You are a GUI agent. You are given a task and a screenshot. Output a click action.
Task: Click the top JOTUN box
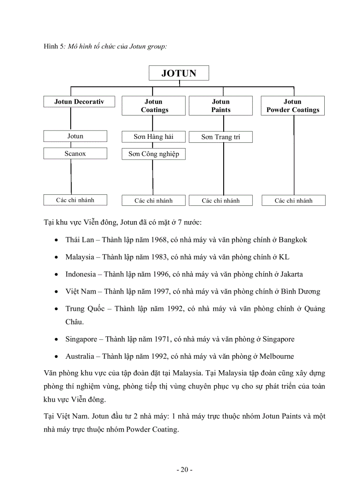click(x=179, y=73)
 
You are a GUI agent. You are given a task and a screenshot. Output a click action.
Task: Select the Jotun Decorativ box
click(x=79, y=102)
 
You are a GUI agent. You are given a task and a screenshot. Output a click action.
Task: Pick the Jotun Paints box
click(x=221, y=106)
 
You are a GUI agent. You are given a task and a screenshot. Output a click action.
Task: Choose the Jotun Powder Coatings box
click(x=292, y=106)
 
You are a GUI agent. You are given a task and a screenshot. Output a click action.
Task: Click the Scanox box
click(x=75, y=153)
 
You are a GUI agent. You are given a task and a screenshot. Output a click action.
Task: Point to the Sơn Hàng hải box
click(x=154, y=137)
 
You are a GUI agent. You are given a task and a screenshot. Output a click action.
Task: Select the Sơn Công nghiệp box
click(x=154, y=154)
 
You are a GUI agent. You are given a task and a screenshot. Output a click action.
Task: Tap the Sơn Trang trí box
click(x=221, y=137)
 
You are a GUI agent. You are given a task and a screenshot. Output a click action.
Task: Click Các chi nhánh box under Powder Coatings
click(x=293, y=201)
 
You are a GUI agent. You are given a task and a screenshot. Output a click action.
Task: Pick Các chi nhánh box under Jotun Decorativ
click(x=75, y=200)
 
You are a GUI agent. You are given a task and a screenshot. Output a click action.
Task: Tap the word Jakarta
click(x=289, y=274)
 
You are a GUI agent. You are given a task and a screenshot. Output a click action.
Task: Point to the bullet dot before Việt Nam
click(x=56, y=292)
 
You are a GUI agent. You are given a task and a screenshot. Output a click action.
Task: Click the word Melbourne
click(x=277, y=356)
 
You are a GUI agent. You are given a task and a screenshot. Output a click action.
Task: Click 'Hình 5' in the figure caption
click(x=54, y=46)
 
